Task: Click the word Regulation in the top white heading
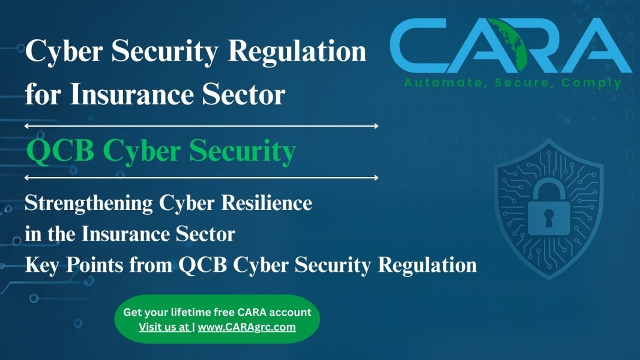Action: (297, 52)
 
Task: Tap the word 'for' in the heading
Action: (43, 94)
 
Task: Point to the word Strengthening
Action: (89, 203)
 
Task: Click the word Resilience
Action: (267, 203)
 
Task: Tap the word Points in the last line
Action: (95, 265)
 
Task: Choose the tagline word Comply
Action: (591, 83)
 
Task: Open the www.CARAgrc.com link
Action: (247, 327)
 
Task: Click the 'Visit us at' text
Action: (164, 327)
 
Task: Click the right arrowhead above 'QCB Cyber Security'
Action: (375, 126)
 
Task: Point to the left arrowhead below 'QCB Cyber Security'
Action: (28, 178)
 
